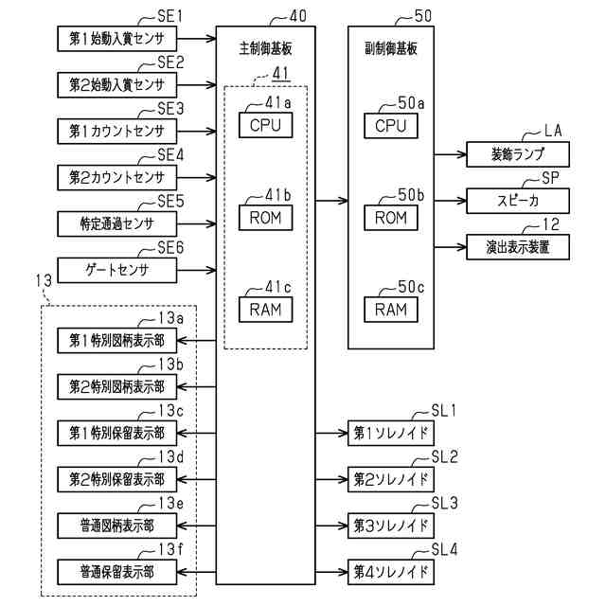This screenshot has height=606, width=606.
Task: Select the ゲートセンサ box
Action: [116, 271]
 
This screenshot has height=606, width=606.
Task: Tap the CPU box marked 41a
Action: [265, 125]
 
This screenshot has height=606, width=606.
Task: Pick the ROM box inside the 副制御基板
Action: [390, 218]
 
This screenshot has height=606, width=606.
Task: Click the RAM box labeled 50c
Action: [390, 309]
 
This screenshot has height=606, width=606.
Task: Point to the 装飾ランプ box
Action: [517, 153]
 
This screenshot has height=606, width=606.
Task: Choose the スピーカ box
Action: [517, 200]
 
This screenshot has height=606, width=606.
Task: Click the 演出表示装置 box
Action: [517, 247]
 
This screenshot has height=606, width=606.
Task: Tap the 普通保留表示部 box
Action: [116, 571]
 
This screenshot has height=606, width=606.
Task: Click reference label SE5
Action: [169, 202]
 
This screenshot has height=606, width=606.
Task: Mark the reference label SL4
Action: [444, 549]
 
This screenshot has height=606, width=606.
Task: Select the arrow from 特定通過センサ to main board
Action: [196, 224]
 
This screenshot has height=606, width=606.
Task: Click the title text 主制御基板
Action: [259, 45]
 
